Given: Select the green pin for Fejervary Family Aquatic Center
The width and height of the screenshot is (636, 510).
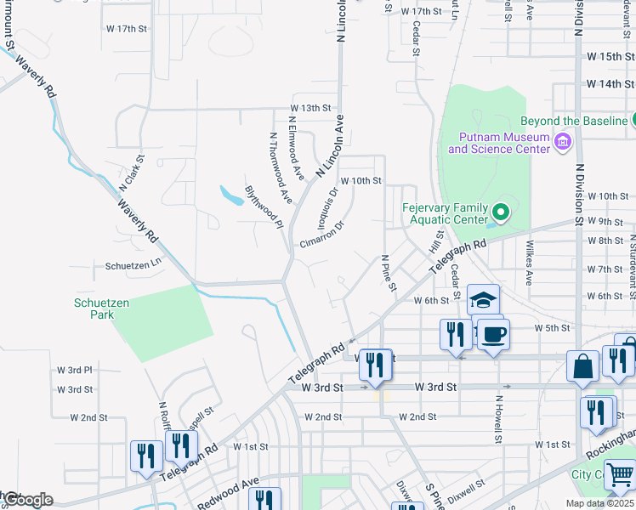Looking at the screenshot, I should click(x=501, y=212).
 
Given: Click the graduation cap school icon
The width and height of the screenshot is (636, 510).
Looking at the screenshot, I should click(x=483, y=300).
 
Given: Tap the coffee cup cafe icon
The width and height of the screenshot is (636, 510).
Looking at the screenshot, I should click(x=492, y=334).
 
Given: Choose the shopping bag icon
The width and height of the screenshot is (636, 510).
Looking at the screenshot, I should click(x=583, y=366).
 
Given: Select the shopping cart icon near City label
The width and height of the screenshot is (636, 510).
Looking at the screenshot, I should click(x=621, y=474).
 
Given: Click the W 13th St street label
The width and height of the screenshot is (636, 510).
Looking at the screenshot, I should click(x=309, y=109).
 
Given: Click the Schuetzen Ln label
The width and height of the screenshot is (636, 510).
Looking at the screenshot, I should click(x=133, y=265).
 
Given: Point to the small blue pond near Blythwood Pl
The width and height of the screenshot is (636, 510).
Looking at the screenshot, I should click(x=229, y=196).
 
